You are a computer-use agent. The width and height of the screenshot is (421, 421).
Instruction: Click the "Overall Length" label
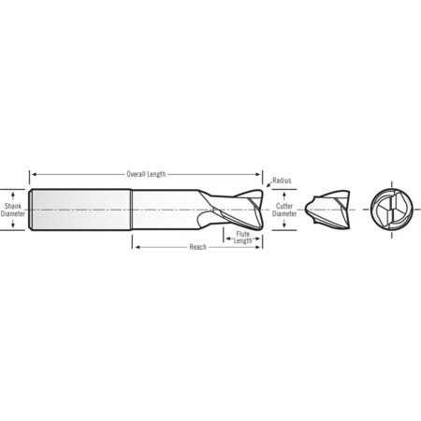[x=146, y=174]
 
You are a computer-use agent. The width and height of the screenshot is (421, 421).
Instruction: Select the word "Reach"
[x=197, y=247]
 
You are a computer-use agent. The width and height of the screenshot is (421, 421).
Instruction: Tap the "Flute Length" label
[x=243, y=237]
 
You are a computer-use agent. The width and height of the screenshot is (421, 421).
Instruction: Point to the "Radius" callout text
[x=281, y=180]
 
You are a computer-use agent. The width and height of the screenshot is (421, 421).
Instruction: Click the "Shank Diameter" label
[x=12, y=209]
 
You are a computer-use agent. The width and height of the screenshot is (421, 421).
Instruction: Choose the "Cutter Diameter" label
[x=284, y=209]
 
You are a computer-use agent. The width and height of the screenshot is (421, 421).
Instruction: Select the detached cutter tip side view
[x=333, y=210]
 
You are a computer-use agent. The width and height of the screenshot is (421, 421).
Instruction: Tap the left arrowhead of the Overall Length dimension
[x=33, y=174]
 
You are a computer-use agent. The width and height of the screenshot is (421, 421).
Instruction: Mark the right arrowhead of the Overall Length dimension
[x=261, y=174]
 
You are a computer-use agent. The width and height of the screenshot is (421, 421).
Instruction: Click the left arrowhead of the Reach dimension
[x=137, y=247]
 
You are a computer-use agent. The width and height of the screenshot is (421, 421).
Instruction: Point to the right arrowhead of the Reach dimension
[x=261, y=247]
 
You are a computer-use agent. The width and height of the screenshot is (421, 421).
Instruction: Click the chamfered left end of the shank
[x=32, y=210]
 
